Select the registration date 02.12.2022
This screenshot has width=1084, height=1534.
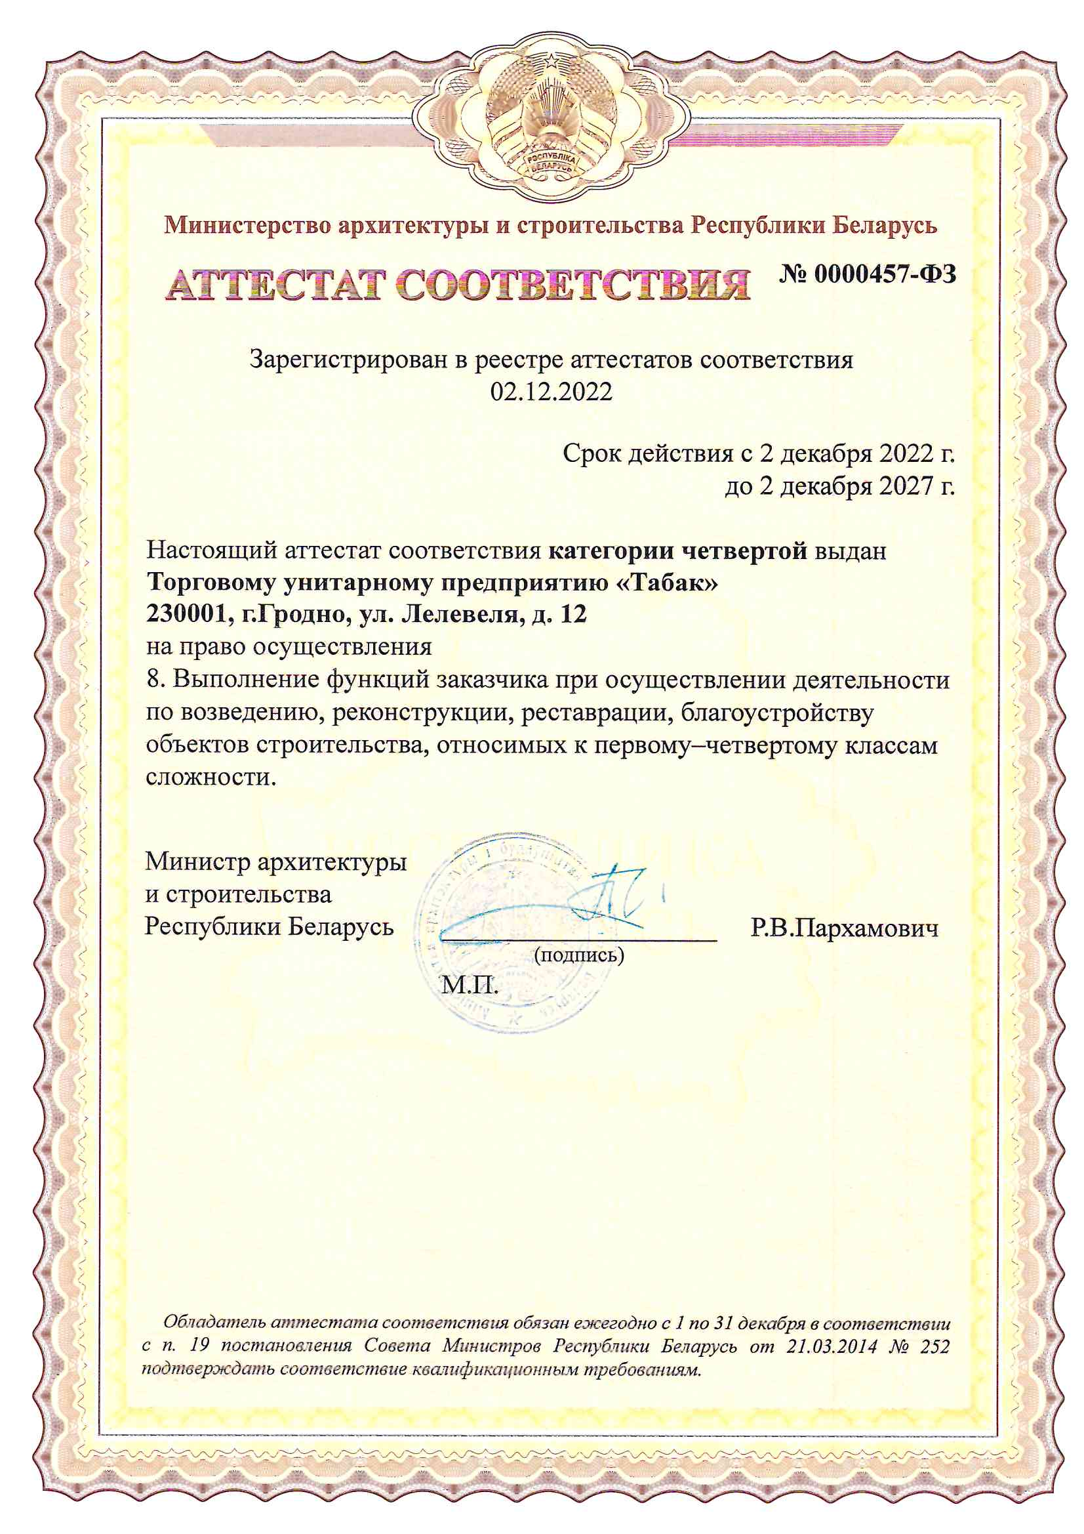click(551, 392)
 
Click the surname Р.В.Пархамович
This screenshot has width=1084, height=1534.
click(844, 928)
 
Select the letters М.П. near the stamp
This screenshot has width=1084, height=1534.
click(470, 985)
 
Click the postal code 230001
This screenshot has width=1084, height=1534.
click(184, 615)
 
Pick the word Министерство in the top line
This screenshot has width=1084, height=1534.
click(247, 226)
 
